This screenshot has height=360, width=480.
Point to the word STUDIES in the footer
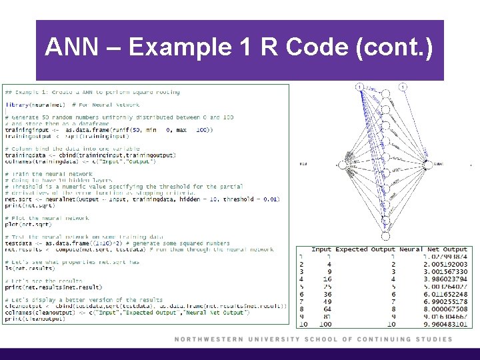(431, 339)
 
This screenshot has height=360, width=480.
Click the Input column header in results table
(321, 249)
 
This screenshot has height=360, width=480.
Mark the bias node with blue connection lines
(359, 87)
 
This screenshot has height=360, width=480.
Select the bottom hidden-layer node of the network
(385, 235)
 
